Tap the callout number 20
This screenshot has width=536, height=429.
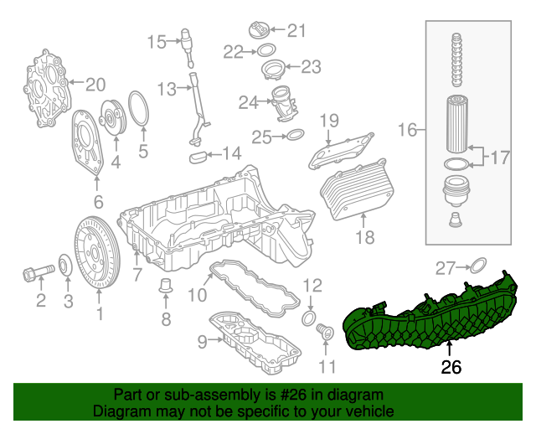[95, 84]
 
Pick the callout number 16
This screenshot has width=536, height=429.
[407, 130]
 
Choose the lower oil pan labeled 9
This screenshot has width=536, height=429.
[255, 339]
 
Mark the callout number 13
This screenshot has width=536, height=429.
[165, 88]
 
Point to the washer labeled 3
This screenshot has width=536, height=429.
[65, 267]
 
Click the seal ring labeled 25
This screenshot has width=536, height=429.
[294, 135]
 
